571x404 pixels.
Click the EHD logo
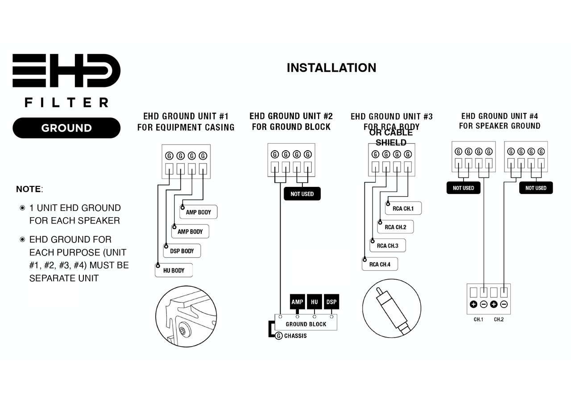tap(66, 70)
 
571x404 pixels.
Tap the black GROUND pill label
tap(66, 128)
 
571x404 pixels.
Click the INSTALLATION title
tap(331, 68)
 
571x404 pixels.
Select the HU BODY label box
tap(174, 270)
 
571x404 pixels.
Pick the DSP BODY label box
tap(182, 251)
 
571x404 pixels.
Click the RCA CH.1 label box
tap(403, 208)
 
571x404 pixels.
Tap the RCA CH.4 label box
tap(380, 264)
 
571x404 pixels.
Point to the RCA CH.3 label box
tap(388, 245)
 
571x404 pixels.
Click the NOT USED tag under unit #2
tap(302, 194)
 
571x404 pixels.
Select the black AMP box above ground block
tap(297, 302)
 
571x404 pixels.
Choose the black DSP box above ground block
tap(331, 302)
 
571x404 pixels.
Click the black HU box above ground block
tap(314, 302)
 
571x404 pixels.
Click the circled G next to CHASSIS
tap(279, 336)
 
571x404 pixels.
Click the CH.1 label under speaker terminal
tap(479, 319)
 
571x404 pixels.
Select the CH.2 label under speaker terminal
tap(499, 319)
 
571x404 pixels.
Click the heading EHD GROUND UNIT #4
tap(500, 116)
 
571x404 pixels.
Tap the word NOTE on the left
tap(29, 189)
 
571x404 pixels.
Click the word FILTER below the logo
tap(66, 103)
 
